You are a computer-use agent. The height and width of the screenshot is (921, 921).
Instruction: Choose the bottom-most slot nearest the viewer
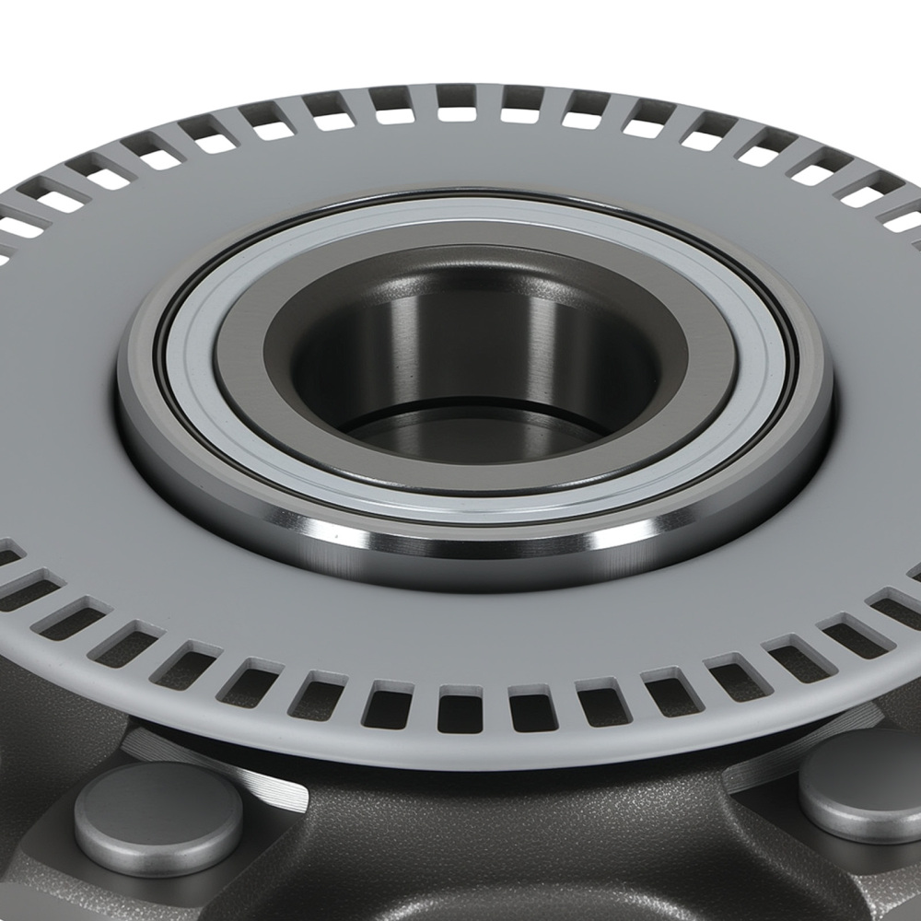(460, 707)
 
